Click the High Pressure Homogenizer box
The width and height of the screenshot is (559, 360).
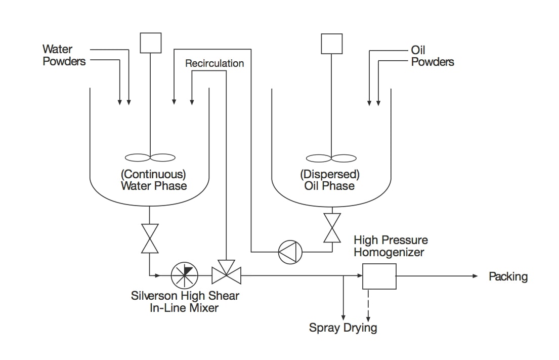(x=379, y=276)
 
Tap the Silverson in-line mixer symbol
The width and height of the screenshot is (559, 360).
(x=184, y=276)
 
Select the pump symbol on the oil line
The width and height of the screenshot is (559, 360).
(x=290, y=251)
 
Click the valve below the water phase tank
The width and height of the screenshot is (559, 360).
(x=150, y=238)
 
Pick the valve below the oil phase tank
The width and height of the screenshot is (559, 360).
(x=332, y=227)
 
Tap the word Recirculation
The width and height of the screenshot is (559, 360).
(x=214, y=63)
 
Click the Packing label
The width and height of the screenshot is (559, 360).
(x=508, y=276)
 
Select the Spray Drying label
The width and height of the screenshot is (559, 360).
(x=343, y=328)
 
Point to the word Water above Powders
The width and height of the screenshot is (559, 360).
(x=57, y=49)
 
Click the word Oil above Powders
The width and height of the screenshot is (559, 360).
(x=418, y=50)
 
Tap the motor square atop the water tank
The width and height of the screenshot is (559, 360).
(x=150, y=43)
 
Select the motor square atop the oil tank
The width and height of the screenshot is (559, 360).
(x=332, y=43)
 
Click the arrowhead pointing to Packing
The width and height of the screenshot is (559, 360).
(x=475, y=276)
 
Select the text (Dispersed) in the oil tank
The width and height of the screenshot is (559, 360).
(x=330, y=174)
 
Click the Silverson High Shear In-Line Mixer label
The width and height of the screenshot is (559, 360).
(x=185, y=301)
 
